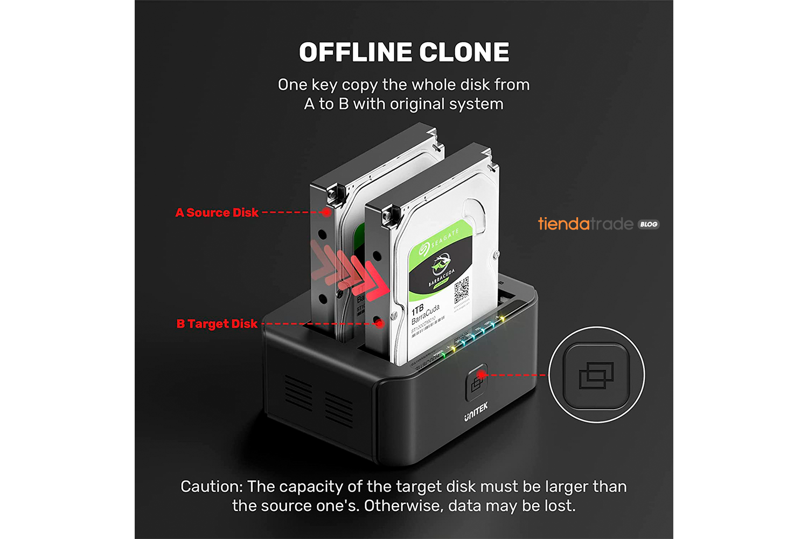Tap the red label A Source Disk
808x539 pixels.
(217, 213)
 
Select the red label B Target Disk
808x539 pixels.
(217, 324)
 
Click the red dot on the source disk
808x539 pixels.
(326, 212)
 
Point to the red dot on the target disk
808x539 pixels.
(380, 323)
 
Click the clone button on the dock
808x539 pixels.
(476, 382)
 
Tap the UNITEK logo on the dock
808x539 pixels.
(476, 412)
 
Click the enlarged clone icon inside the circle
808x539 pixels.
(596, 375)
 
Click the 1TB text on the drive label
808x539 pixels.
(417, 310)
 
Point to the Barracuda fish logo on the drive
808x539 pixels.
(440, 266)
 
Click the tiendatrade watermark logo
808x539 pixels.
(586, 224)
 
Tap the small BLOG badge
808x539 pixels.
(649, 224)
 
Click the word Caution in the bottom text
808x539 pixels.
(211, 487)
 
